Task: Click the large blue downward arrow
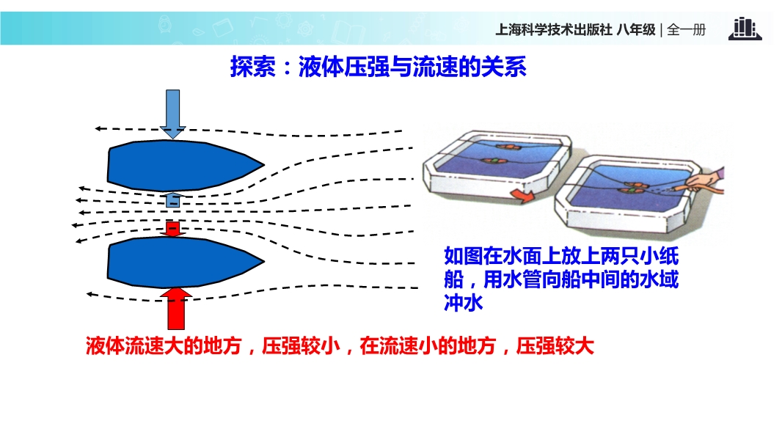[x=172, y=114]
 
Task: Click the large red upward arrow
[x=176, y=309]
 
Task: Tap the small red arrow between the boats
[x=172, y=229]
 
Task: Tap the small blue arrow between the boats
[x=172, y=199]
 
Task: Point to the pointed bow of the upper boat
[x=264, y=164]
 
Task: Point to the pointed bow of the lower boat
[x=264, y=261]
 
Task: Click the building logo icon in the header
[x=745, y=29]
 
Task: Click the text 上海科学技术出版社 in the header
[x=554, y=30]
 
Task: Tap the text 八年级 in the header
[x=636, y=30]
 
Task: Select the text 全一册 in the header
[x=686, y=30]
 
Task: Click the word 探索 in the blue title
[x=252, y=67]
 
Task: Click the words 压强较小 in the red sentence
[x=301, y=346]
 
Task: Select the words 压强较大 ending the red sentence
[x=555, y=346]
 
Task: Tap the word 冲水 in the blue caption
[x=464, y=302]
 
